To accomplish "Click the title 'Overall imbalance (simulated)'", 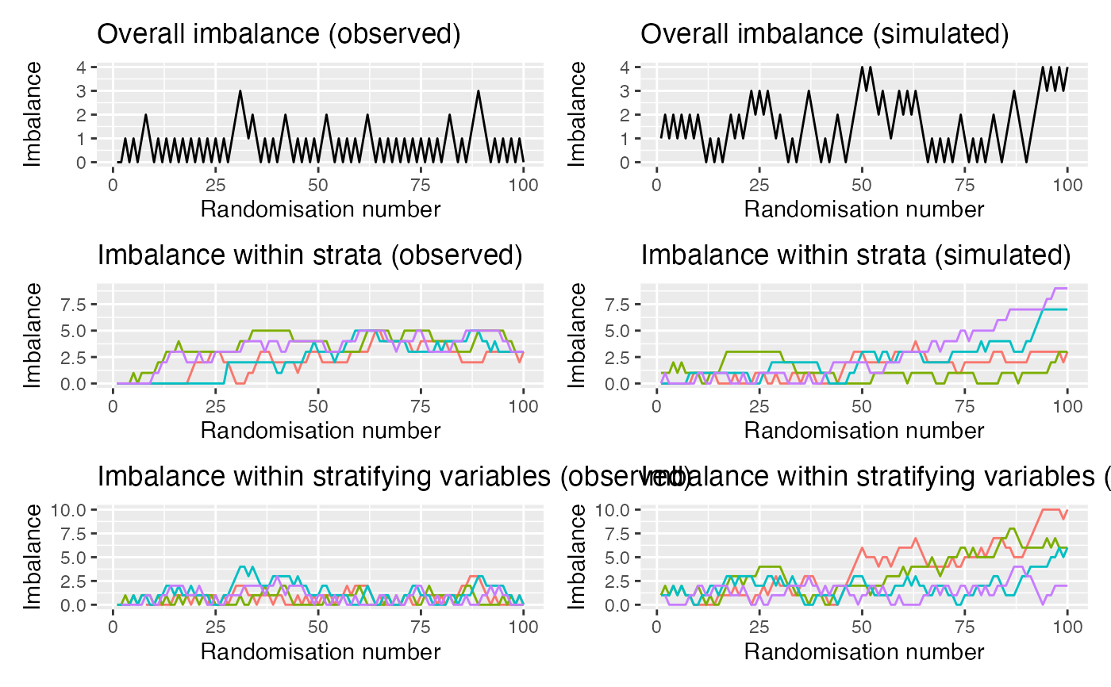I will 825,35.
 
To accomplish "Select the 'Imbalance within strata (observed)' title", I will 309,256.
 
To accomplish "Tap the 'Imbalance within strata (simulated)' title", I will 855,256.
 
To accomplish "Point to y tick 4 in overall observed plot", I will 82,67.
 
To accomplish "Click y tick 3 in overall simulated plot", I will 625,90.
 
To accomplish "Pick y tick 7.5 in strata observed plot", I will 75,304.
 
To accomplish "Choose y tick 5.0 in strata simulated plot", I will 618,330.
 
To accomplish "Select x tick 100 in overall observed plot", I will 523,186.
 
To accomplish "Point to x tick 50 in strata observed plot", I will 318,407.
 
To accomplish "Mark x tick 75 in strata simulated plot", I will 964,407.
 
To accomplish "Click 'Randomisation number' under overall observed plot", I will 321,209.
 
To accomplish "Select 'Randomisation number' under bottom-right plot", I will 864,652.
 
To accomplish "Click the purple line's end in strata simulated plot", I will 1067,288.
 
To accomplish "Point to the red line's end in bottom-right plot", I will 1067,510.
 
